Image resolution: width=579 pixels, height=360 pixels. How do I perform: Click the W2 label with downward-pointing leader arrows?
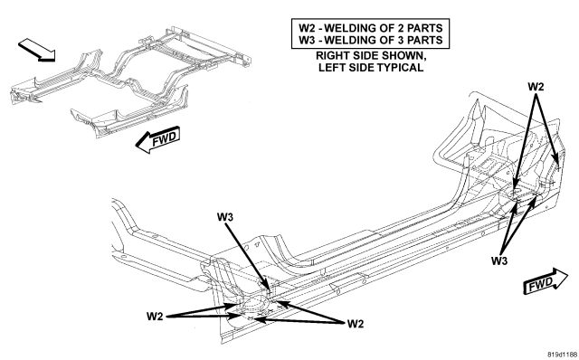click(x=536, y=87)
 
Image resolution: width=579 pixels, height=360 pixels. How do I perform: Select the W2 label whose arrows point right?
click(x=155, y=317)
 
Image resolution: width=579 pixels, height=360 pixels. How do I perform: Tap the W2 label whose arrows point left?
click(x=356, y=324)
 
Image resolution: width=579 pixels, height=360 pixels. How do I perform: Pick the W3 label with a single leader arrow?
click(x=225, y=217)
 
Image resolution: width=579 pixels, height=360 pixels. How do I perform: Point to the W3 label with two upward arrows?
click(x=499, y=261)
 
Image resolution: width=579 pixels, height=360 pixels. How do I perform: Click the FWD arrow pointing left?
click(x=157, y=139)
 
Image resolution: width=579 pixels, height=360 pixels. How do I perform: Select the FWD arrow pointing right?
click(x=546, y=281)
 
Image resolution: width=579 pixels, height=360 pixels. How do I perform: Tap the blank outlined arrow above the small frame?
click(x=37, y=51)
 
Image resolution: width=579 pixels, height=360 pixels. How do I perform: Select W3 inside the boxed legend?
click(x=308, y=40)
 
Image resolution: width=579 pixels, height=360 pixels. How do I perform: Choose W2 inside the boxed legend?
click(x=308, y=28)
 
